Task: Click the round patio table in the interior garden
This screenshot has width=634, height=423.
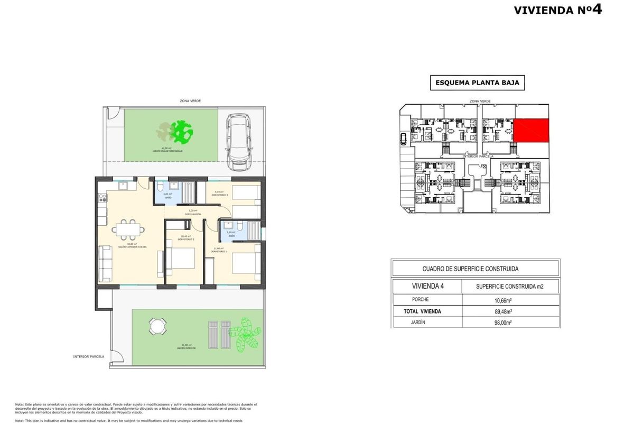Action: coord(156,326)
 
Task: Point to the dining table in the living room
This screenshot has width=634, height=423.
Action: coord(129,229)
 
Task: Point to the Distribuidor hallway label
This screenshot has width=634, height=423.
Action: coord(192,214)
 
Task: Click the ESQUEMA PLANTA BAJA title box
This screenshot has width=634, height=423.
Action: coord(477,82)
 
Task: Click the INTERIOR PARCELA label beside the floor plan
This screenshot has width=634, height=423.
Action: coord(89,356)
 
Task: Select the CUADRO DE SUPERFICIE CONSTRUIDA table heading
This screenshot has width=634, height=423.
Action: coord(474,269)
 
